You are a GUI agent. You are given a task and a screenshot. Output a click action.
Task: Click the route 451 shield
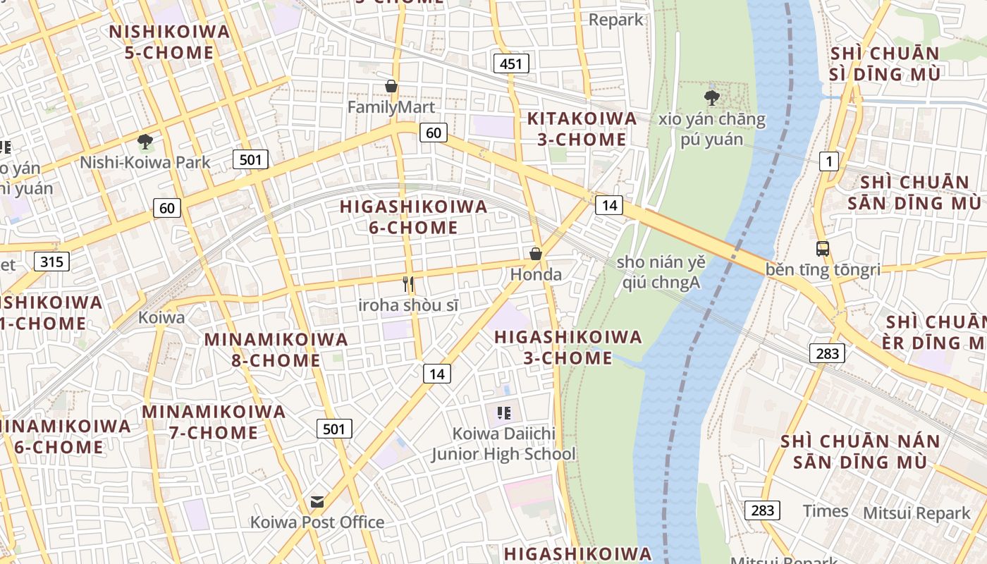tap(511, 64)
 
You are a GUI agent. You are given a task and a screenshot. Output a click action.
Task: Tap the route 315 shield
tap(51, 262)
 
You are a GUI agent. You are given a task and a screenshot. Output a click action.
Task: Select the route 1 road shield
tap(829, 161)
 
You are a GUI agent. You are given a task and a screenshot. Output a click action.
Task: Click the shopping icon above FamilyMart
tap(391, 86)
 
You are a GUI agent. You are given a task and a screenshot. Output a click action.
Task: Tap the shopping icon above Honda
tap(536, 254)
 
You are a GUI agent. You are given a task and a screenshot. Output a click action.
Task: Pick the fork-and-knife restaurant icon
tap(408, 284)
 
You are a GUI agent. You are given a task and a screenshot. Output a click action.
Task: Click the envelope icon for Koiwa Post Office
tap(317, 502)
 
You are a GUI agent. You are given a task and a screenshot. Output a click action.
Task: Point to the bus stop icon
tap(823, 248)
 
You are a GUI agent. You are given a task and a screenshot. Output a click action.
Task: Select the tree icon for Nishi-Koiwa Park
tap(145, 141)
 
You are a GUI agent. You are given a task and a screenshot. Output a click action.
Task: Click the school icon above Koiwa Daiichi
tap(503, 412)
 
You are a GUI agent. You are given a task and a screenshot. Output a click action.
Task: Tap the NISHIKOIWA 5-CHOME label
tap(170, 42)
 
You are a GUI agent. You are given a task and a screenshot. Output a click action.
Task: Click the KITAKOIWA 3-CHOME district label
tap(582, 129)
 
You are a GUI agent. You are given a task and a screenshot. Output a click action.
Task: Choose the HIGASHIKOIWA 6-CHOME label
tap(414, 217)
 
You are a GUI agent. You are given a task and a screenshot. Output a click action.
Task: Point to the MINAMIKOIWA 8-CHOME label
tap(276, 350)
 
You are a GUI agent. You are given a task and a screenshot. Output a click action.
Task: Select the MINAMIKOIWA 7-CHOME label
tap(214, 422)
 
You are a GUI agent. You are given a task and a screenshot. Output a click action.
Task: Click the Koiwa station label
tap(161, 317)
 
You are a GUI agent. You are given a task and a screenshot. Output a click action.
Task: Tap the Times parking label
tap(826, 511)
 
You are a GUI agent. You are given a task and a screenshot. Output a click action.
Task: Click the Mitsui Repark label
tap(917, 513)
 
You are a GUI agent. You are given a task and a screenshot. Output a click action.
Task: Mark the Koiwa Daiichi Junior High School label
tap(504, 444)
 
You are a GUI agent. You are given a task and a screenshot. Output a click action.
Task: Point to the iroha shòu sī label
tap(409, 305)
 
